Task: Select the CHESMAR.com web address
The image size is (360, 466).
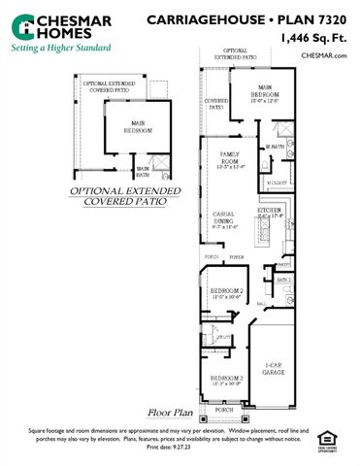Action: [x=325, y=56]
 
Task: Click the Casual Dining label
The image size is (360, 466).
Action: [x=224, y=217]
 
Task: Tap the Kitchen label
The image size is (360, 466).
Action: [x=269, y=212]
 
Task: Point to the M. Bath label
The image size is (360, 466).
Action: [x=276, y=147]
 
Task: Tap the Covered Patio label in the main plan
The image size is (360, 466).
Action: [x=216, y=103]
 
